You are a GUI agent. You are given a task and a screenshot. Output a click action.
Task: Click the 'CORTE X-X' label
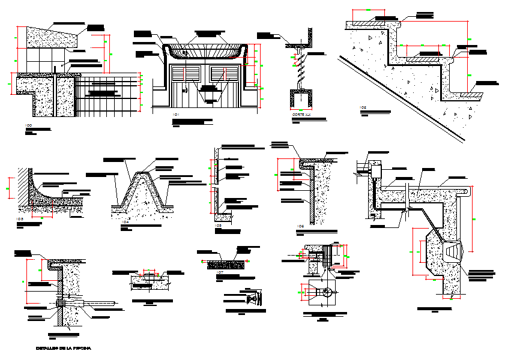(x=301, y=115)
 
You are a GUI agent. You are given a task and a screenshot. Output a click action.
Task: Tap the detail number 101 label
(x=175, y=114)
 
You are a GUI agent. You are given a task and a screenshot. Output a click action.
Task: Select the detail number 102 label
(x=363, y=108)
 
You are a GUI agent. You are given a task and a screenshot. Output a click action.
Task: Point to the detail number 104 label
(x=125, y=222)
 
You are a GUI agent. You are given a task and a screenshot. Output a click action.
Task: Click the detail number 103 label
(x=20, y=220)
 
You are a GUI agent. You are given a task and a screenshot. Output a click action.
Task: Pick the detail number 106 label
(x=301, y=226)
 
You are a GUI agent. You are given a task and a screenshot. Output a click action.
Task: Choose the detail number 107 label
(x=220, y=272)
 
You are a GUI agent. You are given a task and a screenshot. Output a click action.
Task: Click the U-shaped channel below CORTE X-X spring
(x=301, y=98)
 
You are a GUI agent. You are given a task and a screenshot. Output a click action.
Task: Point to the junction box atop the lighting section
(x=377, y=171)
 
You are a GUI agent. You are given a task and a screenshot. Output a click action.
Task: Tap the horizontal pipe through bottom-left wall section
(x=90, y=302)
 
